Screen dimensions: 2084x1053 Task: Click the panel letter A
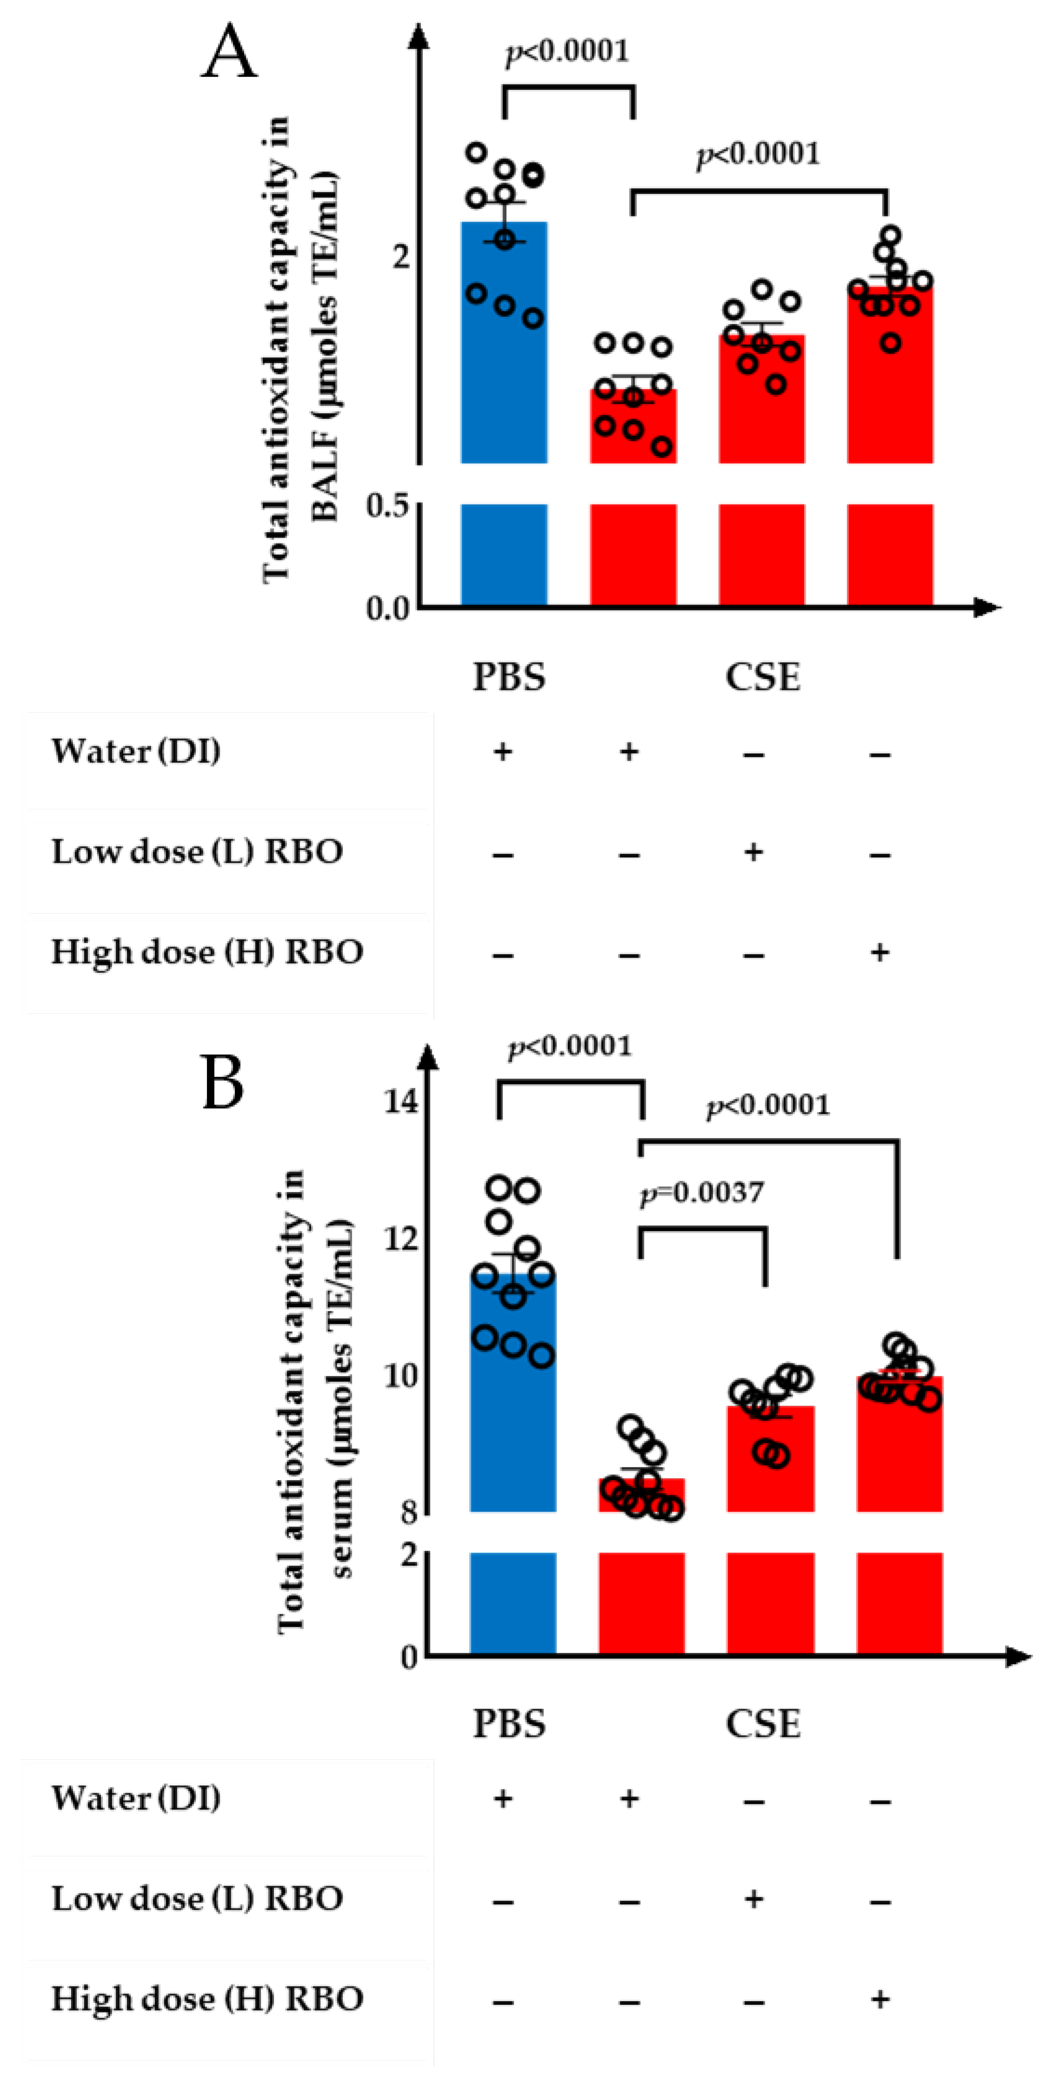229,50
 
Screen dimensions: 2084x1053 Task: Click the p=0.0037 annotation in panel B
702,1192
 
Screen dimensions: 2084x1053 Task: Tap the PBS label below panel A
508,677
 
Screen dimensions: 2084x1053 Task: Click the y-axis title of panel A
299,348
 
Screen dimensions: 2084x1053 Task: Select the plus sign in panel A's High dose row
880,952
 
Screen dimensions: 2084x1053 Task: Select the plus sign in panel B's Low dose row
754,1898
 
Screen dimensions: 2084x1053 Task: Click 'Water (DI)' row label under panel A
136,751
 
